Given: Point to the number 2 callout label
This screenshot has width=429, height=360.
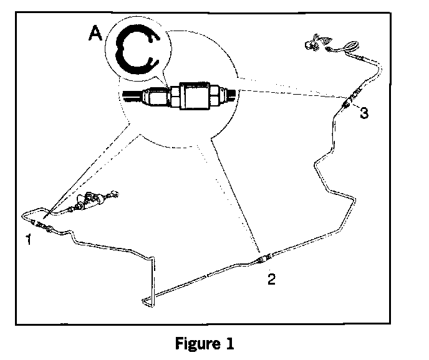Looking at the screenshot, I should click(270, 279).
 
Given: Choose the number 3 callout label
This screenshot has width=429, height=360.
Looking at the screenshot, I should click(364, 113).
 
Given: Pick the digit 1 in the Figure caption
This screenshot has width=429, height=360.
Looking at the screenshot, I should click(232, 344).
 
